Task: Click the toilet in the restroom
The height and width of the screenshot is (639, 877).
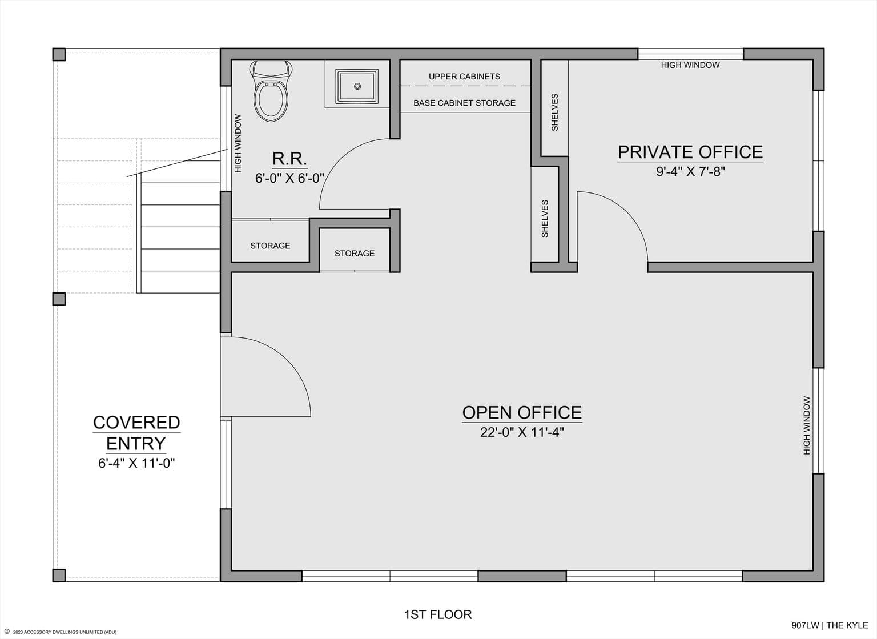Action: click(271, 91)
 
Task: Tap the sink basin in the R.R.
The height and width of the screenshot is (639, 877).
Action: click(357, 86)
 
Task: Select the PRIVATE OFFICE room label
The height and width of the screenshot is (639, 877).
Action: click(690, 152)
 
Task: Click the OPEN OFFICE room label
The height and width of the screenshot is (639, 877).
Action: click(522, 413)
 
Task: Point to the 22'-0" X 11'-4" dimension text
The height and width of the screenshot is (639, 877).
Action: click(522, 432)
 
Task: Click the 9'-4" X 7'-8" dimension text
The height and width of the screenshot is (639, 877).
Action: click(691, 171)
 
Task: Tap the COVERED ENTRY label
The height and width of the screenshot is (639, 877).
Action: click(136, 433)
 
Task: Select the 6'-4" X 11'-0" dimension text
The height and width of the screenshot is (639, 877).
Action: click(136, 463)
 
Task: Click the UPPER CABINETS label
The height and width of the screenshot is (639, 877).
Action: click(464, 77)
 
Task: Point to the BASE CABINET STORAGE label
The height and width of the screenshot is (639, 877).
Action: click(464, 103)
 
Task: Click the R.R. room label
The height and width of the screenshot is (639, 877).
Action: click(289, 159)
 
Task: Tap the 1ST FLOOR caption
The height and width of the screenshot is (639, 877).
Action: click(438, 614)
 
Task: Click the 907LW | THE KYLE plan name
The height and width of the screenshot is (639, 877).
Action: click(830, 625)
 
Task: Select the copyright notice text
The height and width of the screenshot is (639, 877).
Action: click(61, 632)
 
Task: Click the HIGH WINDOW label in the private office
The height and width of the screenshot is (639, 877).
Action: click(690, 65)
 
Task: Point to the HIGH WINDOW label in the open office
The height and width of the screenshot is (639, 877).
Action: click(807, 425)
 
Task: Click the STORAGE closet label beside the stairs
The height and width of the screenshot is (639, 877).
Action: click(270, 246)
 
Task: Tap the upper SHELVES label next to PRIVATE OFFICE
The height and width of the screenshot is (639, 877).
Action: click(554, 112)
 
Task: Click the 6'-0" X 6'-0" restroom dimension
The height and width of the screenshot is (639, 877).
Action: click(289, 179)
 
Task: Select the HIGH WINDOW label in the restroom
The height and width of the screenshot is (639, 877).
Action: click(238, 143)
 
